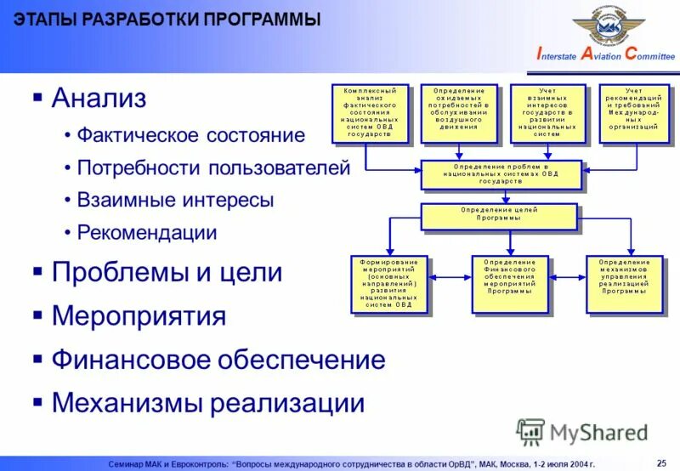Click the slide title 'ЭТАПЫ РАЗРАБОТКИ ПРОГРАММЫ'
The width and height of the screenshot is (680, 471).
(x=167, y=20)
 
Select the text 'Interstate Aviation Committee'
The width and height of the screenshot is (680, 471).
(x=605, y=55)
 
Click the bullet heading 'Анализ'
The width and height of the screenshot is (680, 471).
(x=99, y=99)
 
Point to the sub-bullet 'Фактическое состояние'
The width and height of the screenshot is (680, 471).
(x=190, y=135)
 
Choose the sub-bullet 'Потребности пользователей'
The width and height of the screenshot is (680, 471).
(x=213, y=167)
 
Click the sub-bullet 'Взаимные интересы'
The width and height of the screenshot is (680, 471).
(x=175, y=201)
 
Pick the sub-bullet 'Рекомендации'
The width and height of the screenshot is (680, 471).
(x=147, y=232)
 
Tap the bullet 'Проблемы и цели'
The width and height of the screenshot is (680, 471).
(x=167, y=273)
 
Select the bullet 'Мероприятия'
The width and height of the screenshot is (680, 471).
(x=139, y=316)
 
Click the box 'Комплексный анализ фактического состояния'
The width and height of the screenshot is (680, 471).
(x=369, y=112)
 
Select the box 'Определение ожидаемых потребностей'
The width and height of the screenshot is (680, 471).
(x=459, y=112)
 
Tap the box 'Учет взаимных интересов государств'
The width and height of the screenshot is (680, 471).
(x=548, y=112)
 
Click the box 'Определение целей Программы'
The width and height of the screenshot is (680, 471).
(x=501, y=215)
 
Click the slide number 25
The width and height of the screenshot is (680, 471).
(x=662, y=462)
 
